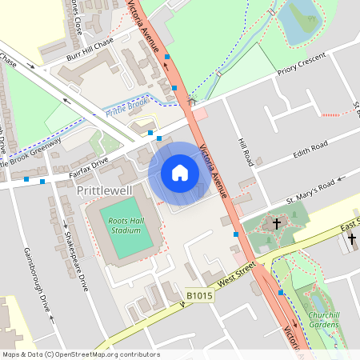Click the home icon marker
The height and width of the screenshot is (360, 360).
[180, 173]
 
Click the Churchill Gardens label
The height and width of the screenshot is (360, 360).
[323, 319]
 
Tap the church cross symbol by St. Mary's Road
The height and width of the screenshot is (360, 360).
[277, 224]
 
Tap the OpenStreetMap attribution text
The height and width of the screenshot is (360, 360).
[80, 354]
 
